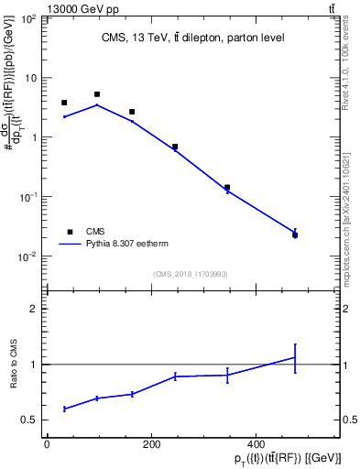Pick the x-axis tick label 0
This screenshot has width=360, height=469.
(47, 445)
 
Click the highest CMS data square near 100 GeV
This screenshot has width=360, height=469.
(97, 94)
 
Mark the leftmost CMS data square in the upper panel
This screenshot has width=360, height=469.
(64, 103)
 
